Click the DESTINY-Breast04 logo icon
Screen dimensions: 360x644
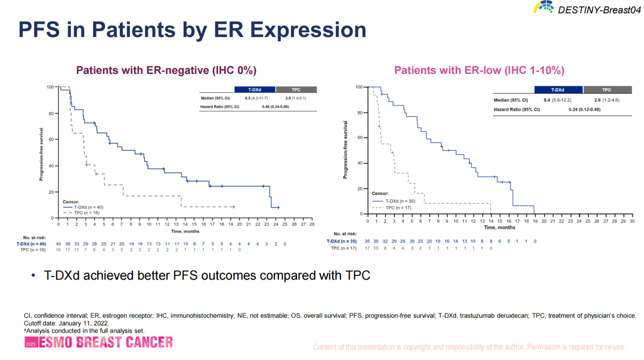544,8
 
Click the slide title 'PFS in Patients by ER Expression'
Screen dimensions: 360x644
192,29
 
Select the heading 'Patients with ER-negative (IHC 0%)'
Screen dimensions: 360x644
166,70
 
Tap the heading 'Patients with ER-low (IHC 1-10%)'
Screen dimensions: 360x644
479,70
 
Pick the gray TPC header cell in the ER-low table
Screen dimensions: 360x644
606,89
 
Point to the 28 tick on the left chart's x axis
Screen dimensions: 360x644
312,225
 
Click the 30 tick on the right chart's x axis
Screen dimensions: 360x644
632,221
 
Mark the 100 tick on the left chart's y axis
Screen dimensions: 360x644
51,87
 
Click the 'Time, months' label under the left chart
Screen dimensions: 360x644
185,231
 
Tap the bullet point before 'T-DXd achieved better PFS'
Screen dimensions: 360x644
33,275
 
